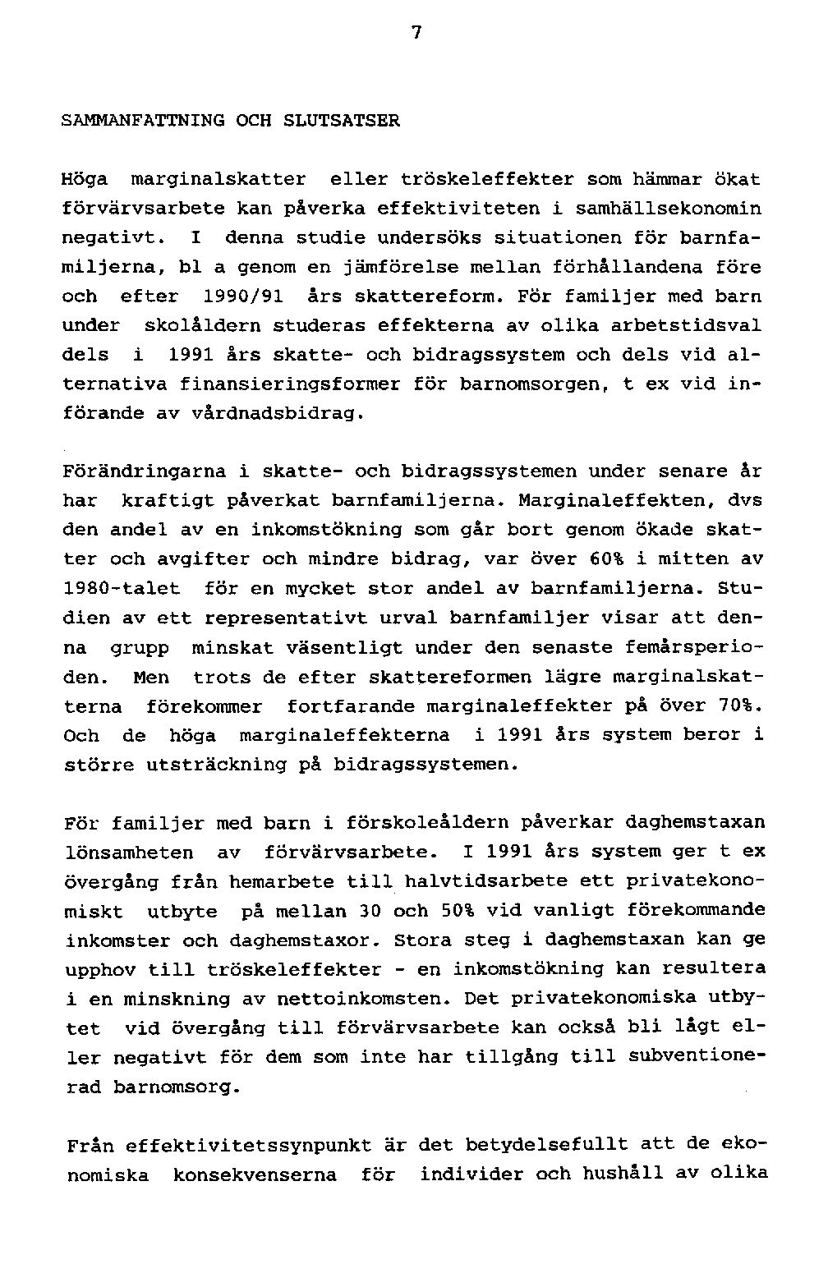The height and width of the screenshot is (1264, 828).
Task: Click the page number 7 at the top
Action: point(416,34)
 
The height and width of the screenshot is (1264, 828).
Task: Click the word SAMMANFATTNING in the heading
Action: point(143,121)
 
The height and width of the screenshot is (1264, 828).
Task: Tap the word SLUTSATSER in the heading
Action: point(341,121)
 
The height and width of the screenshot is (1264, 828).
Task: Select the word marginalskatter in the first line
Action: point(218,179)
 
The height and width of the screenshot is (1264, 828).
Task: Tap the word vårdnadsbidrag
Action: point(276,414)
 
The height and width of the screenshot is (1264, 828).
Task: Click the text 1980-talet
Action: point(121,590)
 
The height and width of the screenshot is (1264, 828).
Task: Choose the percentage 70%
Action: point(740,706)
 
